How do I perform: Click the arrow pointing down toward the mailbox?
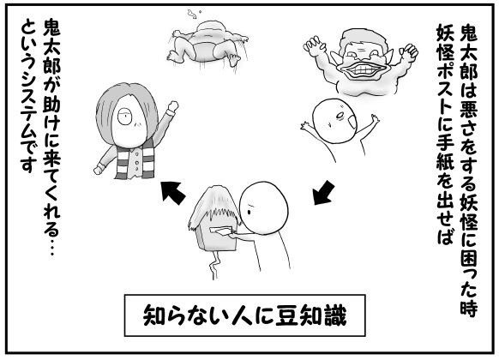(323, 192)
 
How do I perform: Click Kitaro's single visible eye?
(124, 117)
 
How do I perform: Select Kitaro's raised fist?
(172, 106)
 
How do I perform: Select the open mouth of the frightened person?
(352, 122)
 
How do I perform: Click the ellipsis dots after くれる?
(51, 247)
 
